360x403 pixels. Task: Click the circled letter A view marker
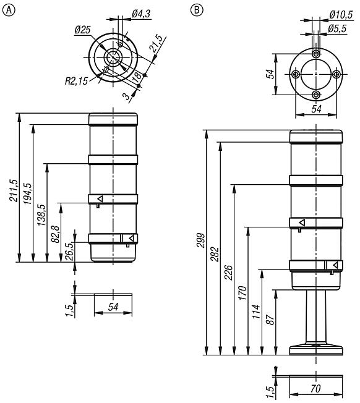point(8,10)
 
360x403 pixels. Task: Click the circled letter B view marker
point(196,10)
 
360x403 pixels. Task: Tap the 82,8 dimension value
point(55,235)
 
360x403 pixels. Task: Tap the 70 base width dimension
point(315,390)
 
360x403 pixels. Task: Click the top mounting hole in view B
point(316,54)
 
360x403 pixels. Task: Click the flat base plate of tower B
point(316,350)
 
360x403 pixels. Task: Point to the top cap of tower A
point(114,119)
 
